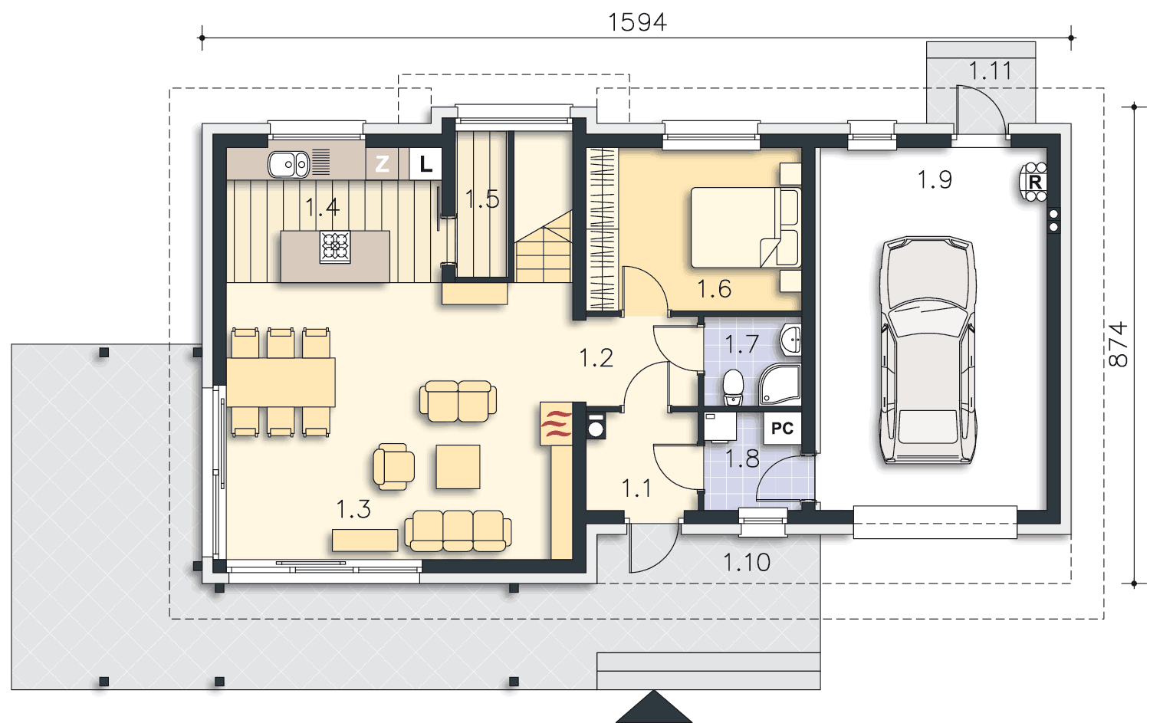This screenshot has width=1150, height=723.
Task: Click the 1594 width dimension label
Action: point(637,22)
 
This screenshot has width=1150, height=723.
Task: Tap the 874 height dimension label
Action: point(1118,344)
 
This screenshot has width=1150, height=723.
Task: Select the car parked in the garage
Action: point(928,350)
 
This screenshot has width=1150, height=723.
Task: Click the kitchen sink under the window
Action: point(288,164)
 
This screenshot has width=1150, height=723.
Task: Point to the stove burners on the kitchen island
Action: point(335,247)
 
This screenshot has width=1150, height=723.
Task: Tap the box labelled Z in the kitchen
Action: point(382,164)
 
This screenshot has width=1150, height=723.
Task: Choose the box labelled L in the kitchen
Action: point(426,164)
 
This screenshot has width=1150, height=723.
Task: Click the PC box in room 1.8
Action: point(783,429)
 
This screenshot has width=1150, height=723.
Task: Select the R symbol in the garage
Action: point(1034,182)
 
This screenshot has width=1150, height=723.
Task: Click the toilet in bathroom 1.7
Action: point(733,387)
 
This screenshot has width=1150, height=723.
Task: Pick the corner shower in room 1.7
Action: point(780,385)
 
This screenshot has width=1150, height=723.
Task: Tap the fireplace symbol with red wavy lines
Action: point(556,424)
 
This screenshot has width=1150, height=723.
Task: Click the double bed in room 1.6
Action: point(745,228)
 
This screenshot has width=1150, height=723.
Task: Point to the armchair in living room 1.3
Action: point(394,467)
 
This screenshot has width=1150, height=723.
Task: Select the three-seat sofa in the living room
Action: point(458,531)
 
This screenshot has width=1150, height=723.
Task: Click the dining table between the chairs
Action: point(281,383)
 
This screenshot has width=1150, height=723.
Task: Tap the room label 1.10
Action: point(747,563)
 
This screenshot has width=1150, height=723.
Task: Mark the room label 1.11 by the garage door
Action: point(990,71)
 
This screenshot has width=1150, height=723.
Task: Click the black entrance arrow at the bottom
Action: point(653,707)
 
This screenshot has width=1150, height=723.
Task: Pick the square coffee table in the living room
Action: point(458,467)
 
